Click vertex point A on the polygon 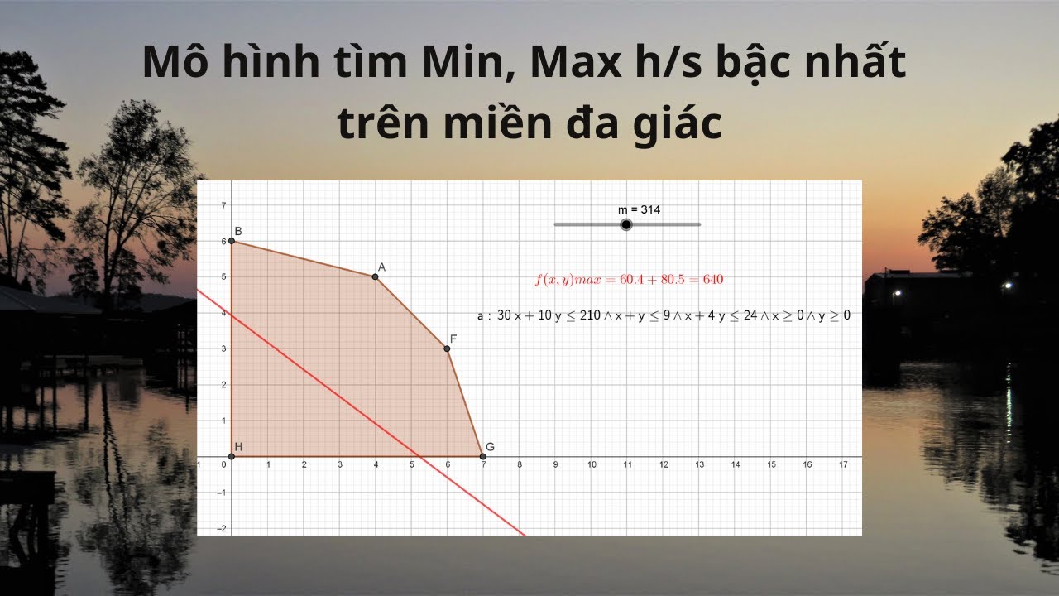coord(376,276)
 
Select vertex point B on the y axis coord(232,241)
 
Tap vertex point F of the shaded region coord(447,348)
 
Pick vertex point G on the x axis coord(483,456)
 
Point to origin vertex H coord(232,456)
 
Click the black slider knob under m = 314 coord(626,224)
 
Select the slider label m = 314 coord(640,210)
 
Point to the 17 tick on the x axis coord(843,465)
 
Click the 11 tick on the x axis coord(627,465)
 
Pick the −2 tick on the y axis coord(221,528)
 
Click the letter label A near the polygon coord(381,267)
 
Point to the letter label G coord(490,447)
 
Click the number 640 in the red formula coord(713,280)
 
